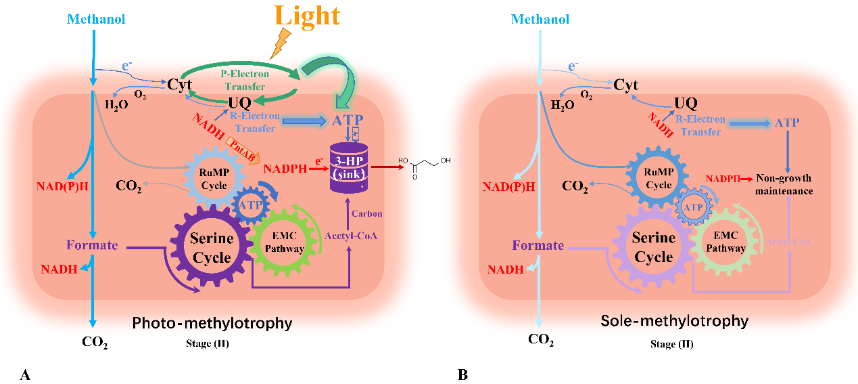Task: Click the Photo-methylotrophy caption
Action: click(x=212, y=323)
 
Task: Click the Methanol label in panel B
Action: click(x=540, y=19)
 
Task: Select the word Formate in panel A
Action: click(x=92, y=244)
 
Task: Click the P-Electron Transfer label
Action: click(x=244, y=79)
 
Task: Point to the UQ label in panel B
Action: click(x=686, y=103)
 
